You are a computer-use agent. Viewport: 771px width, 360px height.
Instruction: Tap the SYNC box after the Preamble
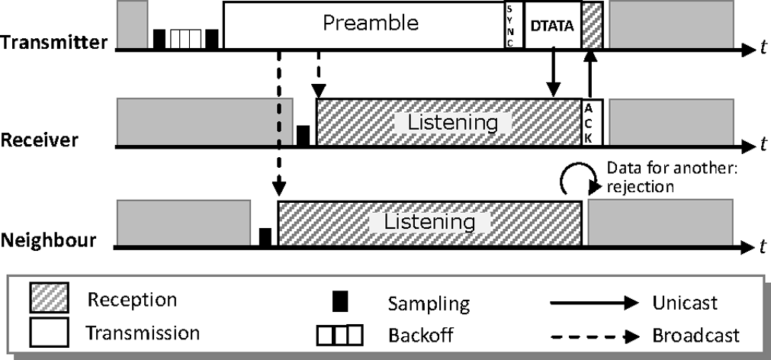[x=511, y=25]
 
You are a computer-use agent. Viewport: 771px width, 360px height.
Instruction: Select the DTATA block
[x=552, y=25]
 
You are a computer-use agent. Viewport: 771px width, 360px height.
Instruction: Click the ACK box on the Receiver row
[x=593, y=122]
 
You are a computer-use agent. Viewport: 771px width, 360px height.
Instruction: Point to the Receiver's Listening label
[x=452, y=122]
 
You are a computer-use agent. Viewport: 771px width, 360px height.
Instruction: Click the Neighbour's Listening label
[x=429, y=222]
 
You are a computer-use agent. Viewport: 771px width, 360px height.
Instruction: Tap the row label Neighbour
[x=48, y=240]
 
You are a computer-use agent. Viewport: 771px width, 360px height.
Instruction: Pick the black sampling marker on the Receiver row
[x=303, y=136]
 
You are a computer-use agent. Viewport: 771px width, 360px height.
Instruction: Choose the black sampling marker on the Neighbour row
[x=265, y=236]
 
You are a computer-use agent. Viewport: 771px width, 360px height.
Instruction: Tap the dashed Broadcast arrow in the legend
[x=594, y=333]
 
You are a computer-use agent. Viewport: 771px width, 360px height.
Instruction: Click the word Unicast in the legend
[x=686, y=303]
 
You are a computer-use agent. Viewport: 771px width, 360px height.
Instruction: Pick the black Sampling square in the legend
[x=341, y=303]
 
